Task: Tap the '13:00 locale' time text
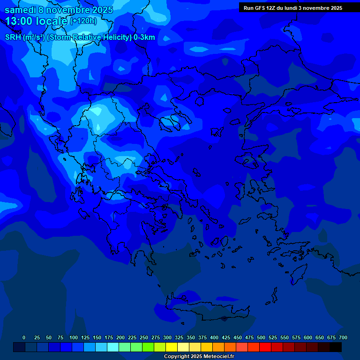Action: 37,21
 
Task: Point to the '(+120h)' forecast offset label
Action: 83,21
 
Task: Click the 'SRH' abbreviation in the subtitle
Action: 13,37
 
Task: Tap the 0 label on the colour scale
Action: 24,337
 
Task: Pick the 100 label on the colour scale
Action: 74,337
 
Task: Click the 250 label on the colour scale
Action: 144,337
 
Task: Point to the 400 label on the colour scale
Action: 214,337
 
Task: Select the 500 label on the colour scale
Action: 261,337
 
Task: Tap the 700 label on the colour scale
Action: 343,337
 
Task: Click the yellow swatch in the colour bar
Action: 172,347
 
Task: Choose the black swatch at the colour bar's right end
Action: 336,347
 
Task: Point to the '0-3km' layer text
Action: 144,37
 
